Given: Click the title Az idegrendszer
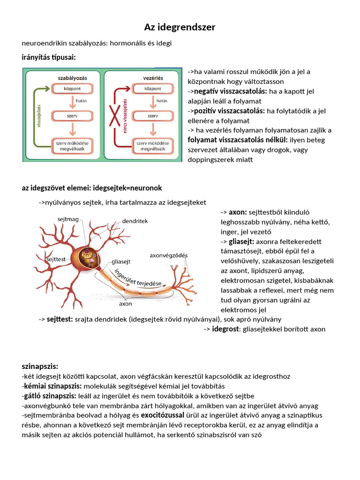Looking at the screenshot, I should pos(180,27).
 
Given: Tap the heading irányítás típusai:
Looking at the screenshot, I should pos(48,57).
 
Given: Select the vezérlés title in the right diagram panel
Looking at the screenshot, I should pos(150,77).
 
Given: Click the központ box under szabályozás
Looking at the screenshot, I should pos(73,88).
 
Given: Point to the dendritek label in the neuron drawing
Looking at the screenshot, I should pos(135,221).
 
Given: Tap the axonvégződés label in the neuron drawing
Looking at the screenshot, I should pos(168,255).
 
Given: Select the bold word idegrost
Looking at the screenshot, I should pos(225,329).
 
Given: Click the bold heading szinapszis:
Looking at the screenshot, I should pos(40,366).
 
